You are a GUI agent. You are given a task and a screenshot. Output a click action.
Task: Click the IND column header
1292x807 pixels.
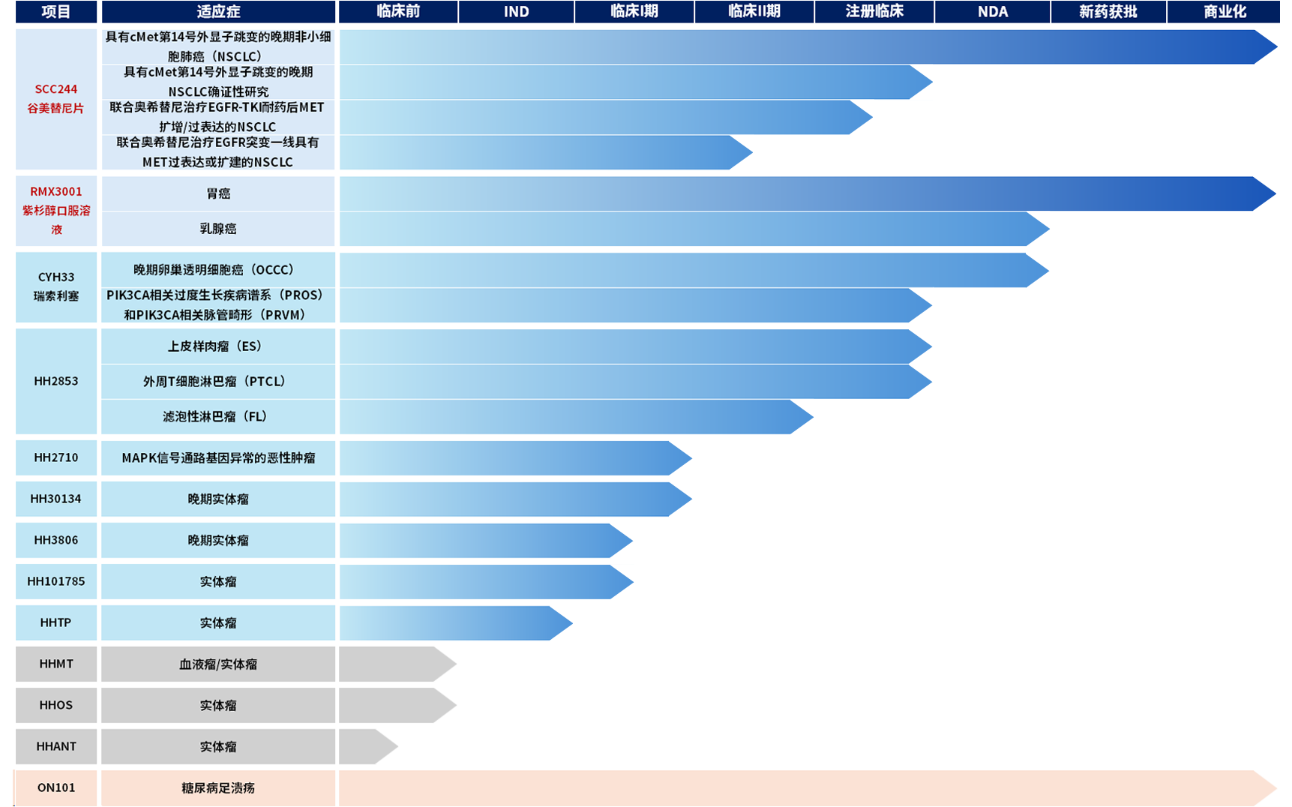(x=516, y=12)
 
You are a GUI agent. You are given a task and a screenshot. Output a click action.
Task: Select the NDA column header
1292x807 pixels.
(x=992, y=12)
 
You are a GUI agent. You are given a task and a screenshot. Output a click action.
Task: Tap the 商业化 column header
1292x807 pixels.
(x=1224, y=12)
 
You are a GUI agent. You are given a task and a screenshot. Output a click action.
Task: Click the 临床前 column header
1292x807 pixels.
(x=398, y=12)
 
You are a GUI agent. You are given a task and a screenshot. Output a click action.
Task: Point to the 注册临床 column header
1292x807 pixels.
(x=874, y=12)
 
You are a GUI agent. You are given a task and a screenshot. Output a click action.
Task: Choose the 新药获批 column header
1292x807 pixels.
(x=1108, y=12)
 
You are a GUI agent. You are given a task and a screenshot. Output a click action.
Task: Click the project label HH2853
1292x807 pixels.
(x=56, y=381)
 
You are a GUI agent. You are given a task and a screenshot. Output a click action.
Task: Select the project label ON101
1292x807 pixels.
(x=56, y=787)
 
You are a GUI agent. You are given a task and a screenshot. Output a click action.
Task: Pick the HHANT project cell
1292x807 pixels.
(x=56, y=746)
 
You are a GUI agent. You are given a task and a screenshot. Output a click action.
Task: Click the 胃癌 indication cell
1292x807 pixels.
(x=218, y=193)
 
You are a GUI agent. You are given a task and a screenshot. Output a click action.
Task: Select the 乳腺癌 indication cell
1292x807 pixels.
(x=218, y=229)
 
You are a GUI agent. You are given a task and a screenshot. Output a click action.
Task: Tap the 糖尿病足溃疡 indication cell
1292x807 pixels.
(x=218, y=787)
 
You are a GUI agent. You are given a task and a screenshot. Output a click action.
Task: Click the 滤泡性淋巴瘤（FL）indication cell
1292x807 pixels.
(x=218, y=416)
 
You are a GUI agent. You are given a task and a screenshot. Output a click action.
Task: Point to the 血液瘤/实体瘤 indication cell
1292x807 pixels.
(x=218, y=664)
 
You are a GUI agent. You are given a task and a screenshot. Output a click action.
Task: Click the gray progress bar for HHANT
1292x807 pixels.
(x=369, y=746)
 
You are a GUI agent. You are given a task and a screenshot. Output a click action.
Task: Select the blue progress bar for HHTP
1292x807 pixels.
(x=455, y=622)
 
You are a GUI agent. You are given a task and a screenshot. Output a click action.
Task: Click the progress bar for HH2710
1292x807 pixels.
(x=516, y=457)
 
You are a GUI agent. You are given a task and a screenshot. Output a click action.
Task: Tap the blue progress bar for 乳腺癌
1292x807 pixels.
(x=694, y=229)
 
